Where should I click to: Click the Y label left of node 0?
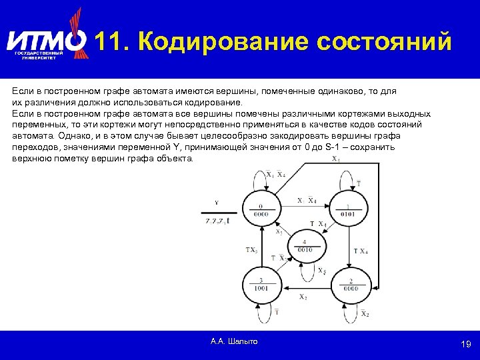pyautogui.click(x=216, y=203)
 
